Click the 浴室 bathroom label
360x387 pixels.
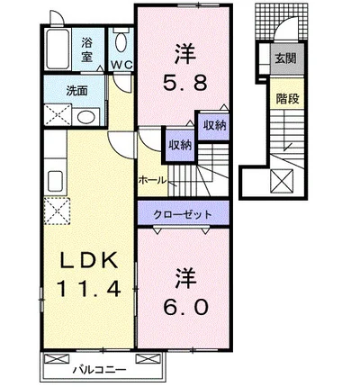86,49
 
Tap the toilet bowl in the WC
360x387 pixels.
121,42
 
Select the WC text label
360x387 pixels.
122,65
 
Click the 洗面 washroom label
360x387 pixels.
76,91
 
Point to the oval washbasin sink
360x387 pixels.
85,117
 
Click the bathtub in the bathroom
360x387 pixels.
58,49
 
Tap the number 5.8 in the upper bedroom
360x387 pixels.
184,83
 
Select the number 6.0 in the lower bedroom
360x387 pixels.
185,307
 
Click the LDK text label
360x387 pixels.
89,260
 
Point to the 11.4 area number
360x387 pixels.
89,288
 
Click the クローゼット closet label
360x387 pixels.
183,214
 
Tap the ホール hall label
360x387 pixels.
152,180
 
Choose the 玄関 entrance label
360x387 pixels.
286,58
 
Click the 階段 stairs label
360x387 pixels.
287,98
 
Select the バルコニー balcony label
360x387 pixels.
99,370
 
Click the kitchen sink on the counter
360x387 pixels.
55,181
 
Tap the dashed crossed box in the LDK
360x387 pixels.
57,211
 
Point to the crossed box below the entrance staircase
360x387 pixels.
282,181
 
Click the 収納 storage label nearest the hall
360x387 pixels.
180,145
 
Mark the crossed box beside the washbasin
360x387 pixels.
58,114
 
